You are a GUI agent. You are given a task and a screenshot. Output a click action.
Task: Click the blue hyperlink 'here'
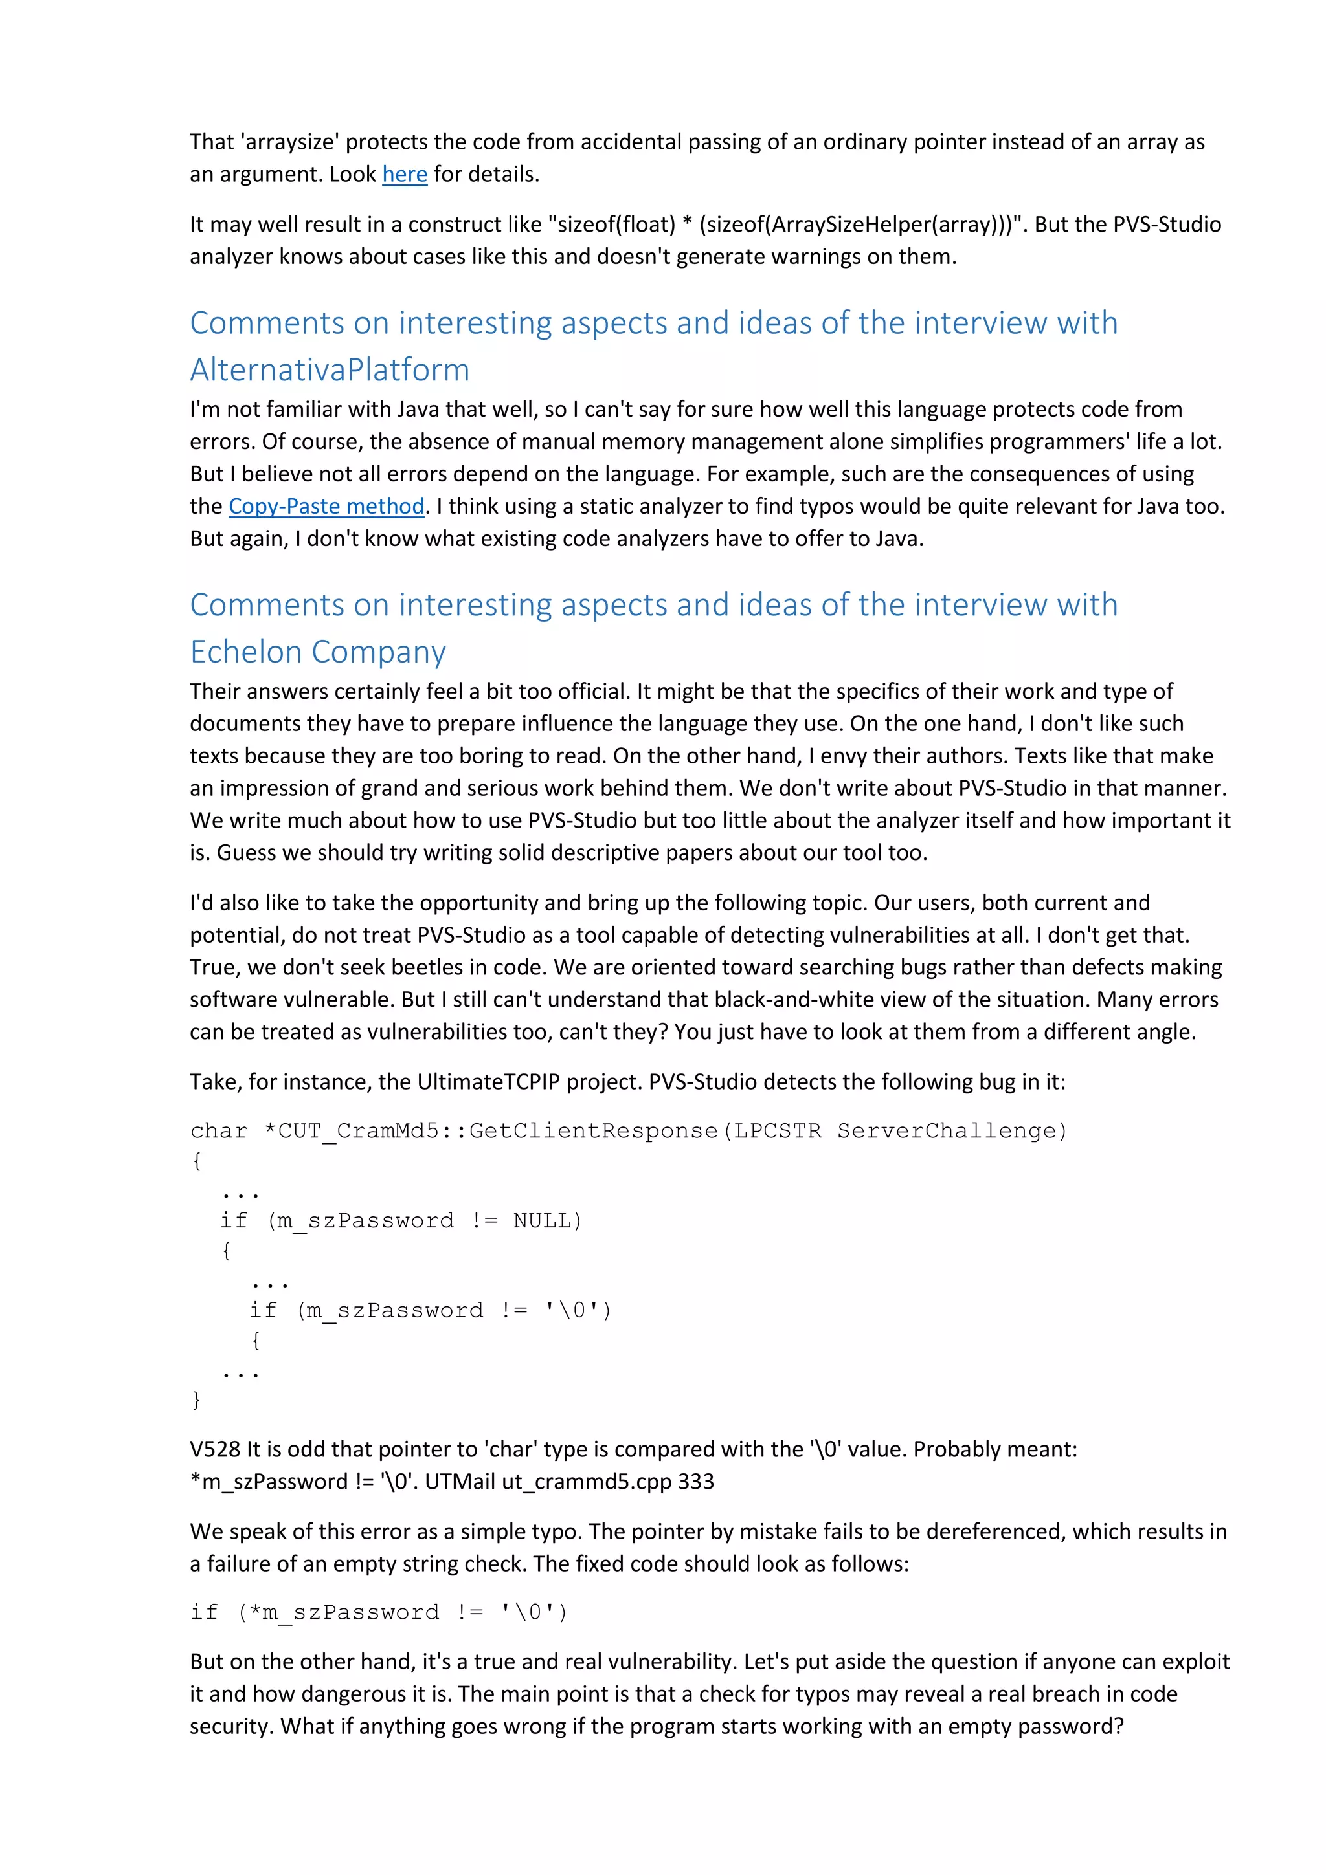[x=405, y=175]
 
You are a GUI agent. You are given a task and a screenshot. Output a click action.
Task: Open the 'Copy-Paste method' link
[x=326, y=507]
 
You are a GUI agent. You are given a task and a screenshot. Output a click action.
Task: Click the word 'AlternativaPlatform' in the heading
[x=330, y=370]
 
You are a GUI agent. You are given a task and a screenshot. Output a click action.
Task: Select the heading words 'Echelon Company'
[x=318, y=652]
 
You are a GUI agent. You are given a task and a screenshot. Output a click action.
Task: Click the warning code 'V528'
[x=215, y=1449]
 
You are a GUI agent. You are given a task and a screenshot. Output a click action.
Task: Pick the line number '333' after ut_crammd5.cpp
[x=696, y=1482]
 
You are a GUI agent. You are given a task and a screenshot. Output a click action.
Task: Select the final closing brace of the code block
[x=196, y=1399]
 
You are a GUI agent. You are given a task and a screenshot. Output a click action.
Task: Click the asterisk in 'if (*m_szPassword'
[x=255, y=1612]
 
